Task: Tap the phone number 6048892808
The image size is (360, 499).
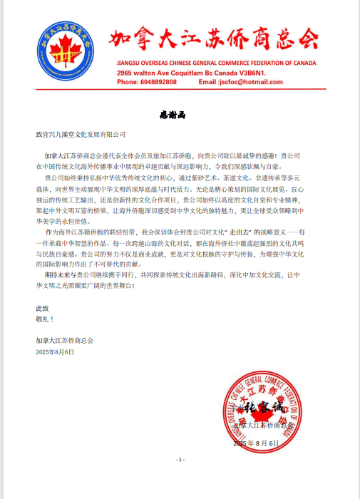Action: pos(157,82)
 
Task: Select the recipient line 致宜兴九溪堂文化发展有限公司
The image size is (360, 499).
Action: pos(81,134)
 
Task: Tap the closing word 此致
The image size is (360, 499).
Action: pos(43,308)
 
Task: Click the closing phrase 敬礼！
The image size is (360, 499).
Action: pos(46,319)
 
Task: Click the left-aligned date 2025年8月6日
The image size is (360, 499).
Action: pos(54,352)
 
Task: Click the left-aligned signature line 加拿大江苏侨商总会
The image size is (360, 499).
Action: pos(65,341)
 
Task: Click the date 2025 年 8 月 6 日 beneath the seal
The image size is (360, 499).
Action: pos(261,443)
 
